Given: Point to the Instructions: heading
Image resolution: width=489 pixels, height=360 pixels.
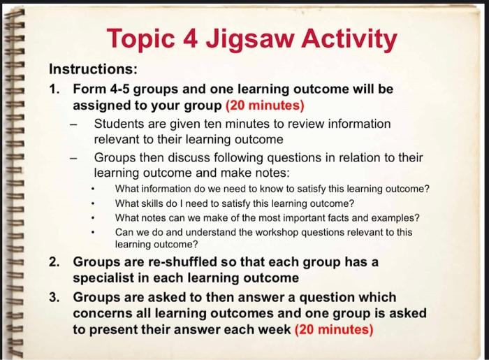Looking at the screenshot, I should (93, 71).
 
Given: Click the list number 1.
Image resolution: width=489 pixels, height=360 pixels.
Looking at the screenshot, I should (54, 89).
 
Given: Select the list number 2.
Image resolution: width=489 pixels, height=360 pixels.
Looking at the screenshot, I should (54, 262).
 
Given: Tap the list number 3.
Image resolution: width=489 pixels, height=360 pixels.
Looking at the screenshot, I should (54, 296).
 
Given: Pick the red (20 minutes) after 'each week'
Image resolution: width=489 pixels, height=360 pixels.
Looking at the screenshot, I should (334, 329).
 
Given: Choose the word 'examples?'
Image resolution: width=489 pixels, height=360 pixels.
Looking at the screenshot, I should (397, 217).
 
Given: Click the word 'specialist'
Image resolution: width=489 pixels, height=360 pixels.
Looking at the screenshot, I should (105, 279).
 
